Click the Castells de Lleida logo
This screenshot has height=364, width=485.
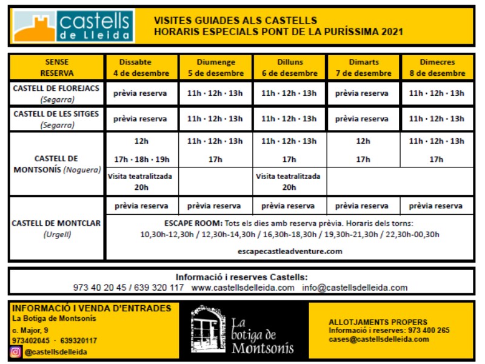tap(72, 25)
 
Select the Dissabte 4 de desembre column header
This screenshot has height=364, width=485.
tap(142, 67)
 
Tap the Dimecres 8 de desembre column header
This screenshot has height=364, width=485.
tap(436, 67)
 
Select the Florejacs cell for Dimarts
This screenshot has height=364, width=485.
tap(363, 93)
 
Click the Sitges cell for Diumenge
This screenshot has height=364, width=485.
tap(215, 119)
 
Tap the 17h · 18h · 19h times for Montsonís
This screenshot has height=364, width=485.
tap(141, 160)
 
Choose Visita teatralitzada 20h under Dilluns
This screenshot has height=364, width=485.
tap(289, 182)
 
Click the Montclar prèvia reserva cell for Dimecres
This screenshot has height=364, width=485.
tap(436, 206)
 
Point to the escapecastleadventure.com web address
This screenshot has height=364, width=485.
tap(290, 251)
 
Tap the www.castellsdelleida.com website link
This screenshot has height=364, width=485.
tap(243, 288)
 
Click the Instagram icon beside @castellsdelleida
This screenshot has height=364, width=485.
tap(16, 352)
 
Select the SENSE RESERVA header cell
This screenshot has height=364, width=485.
tap(57, 67)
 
